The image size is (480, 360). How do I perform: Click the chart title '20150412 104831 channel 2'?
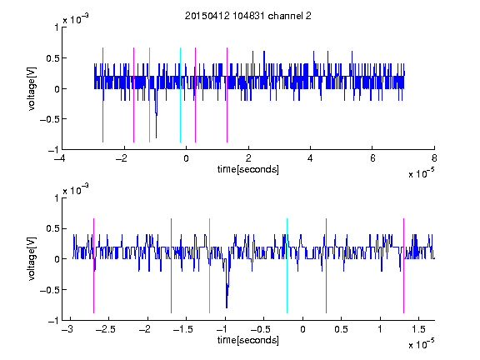click(x=248, y=16)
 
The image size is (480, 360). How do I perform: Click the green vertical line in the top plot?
click(x=149, y=95)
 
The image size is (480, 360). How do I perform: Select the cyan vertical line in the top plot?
click(x=180, y=95)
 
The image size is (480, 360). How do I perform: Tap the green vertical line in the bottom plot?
click(x=209, y=266)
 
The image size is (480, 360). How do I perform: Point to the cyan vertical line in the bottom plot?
click(x=287, y=266)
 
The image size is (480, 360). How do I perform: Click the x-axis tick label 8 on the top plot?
click(x=434, y=158)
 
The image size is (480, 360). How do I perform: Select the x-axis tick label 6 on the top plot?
click(x=372, y=158)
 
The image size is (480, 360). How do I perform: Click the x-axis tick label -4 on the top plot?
click(x=60, y=158)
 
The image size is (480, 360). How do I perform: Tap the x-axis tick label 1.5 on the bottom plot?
click(x=419, y=329)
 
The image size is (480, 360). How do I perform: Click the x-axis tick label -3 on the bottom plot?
click(x=67, y=329)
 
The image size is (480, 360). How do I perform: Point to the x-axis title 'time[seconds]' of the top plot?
click(x=248, y=169)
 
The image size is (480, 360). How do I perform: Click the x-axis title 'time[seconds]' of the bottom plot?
click(x=248, y=340)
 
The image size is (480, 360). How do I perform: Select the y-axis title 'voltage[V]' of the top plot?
click(x=32, y=89)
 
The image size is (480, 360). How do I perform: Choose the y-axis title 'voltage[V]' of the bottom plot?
click(x=32, y=259)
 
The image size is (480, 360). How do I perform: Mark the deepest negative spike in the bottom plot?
click(x=227, y=307)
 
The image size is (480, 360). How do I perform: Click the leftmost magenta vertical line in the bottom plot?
click(x=93, y=266)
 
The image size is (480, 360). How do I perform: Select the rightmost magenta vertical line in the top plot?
click(x=227, y=95)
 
